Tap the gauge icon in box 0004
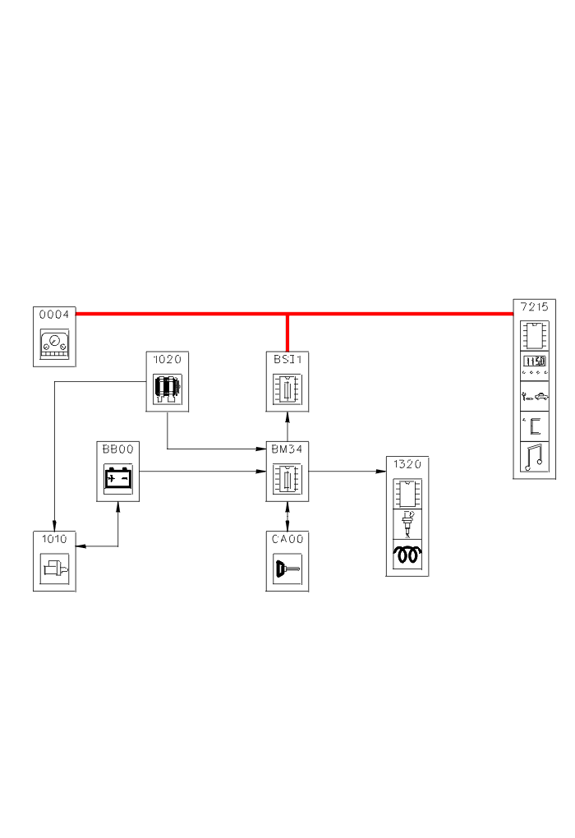54,345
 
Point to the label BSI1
287,358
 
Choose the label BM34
287,449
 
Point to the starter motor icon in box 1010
54,569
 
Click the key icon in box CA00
287,569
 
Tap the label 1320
407,464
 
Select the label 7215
534,306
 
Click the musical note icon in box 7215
534,458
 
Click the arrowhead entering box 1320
382,472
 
